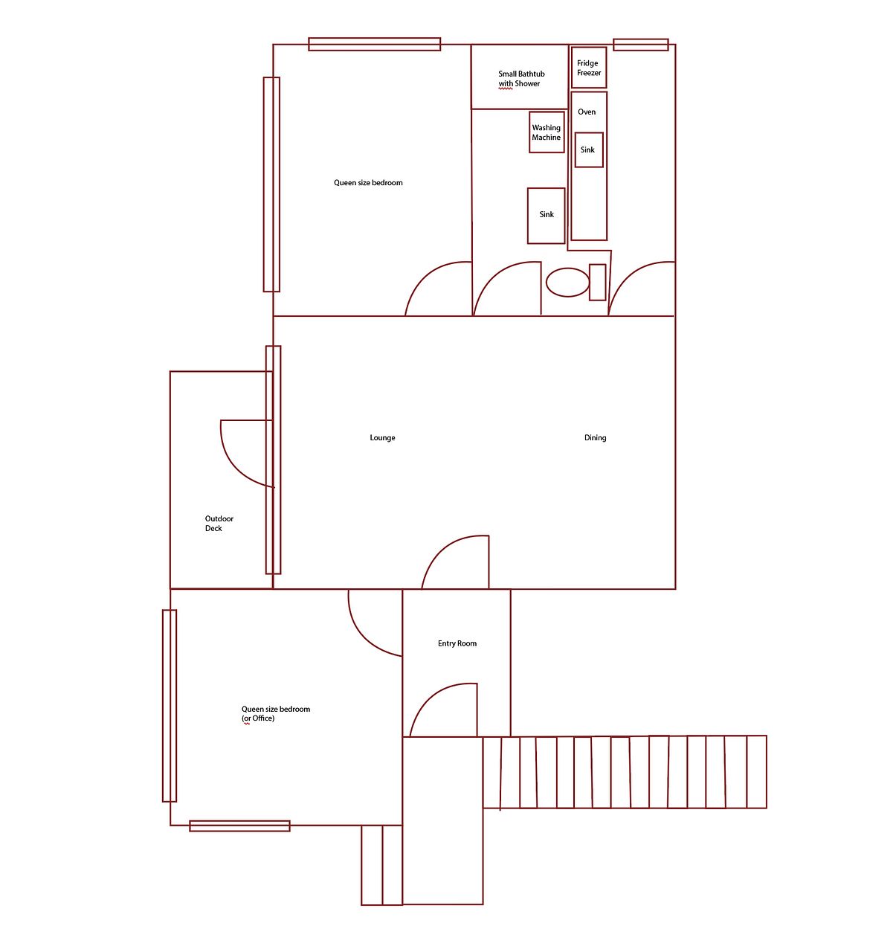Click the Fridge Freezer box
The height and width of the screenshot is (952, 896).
pyautogui.click(x=588, y=68)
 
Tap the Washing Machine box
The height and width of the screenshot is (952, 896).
pyautogui.click(x=546, y=132)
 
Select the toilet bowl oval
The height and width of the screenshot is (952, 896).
pyautogui.click(x=567, y=282)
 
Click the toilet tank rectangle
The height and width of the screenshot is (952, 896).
pyautogui.click(x=597, y=282)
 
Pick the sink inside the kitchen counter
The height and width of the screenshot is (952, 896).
pyautogui.click(x=588, y=149)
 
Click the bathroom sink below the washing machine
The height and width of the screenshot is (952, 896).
pyautogui.click(x=546, y=215)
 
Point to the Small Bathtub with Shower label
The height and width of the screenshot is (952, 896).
pyautogui.click(x=521, y=79)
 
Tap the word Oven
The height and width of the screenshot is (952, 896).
pyautogui.click(x=587, y=112)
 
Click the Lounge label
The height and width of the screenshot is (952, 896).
pyautogui.click(x=382, y=437)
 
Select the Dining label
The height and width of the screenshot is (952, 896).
pyautogui.click(x=595, y=437)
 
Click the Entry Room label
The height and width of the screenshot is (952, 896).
pyautogui.click(x=457, y=643)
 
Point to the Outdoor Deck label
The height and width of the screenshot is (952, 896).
pyautogui.click(x=219, y=523)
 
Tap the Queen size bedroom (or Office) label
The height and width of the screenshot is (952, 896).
pyautogui.click(x=275, y=713)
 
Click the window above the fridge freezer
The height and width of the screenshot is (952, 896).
pyautogui.click(x=640, y=45)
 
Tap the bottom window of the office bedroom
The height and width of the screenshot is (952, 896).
pyautogui.click(x=239, y=826)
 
